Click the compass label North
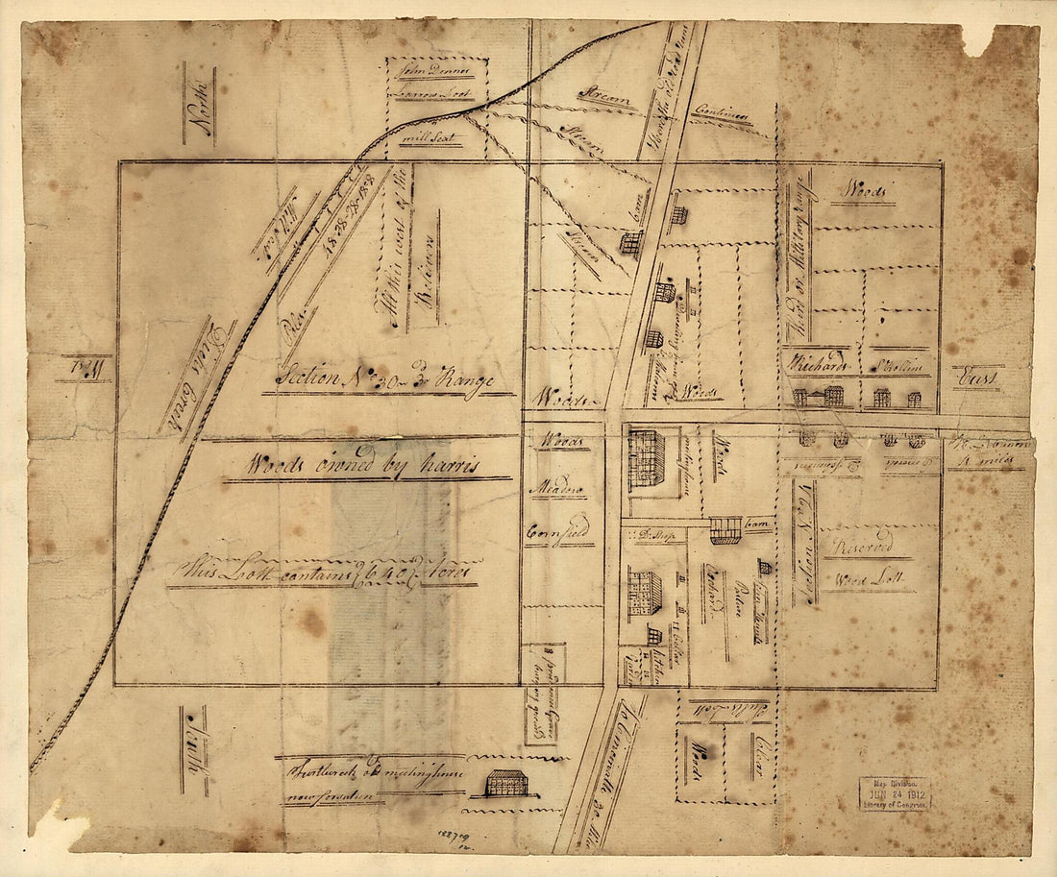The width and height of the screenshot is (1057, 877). [200, 104]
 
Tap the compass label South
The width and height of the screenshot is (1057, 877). [195, 750]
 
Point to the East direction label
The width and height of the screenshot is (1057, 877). [977, 378]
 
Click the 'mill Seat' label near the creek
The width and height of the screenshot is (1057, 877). [430, 139]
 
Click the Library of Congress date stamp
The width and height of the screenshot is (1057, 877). [895, 794]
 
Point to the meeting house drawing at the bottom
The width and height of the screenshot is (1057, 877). [506, 783]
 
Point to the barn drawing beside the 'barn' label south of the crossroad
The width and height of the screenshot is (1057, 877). [725, 530]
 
